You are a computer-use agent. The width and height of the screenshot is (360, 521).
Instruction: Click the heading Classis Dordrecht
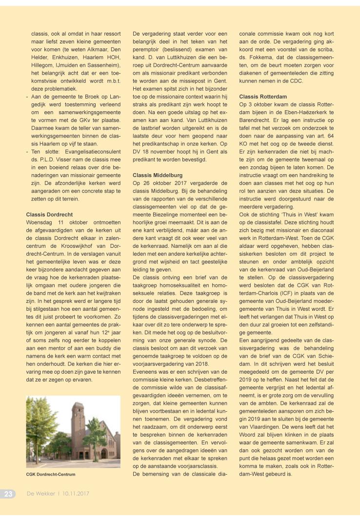(x=49, y=214)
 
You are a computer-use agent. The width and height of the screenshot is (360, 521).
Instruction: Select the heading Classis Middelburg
(x=158, y=175)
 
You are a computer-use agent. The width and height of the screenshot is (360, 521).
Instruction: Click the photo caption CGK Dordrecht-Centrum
(x=51, y=474)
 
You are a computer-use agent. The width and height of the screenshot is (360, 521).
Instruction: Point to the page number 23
(x=9, y=494)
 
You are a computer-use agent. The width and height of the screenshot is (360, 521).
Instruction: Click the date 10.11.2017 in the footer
(x=76, y=494)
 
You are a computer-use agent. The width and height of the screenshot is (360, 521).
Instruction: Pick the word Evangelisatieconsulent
(x=91, y=151)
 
